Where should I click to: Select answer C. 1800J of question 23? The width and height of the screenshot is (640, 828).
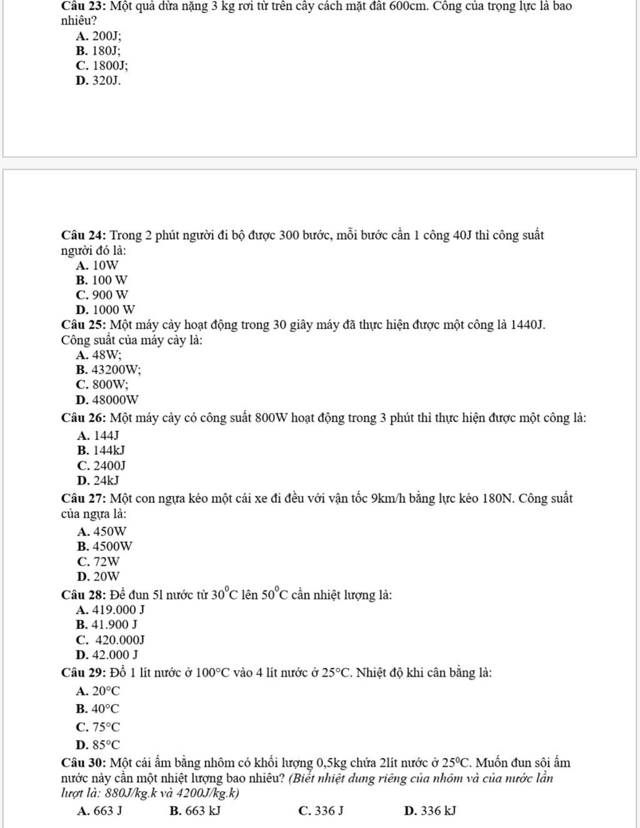point(102,66)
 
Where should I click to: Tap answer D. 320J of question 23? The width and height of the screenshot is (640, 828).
point(97,81)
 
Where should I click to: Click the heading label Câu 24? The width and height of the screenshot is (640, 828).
point(84,236)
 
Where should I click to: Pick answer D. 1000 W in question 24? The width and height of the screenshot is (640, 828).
point(105,310)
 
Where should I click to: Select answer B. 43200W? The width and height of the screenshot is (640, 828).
point(108,370)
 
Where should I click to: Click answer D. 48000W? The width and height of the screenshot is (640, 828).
point(107,400)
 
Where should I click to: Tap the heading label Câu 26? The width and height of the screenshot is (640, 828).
point(84,418)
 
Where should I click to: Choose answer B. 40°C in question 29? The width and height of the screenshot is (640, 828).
point(97,709)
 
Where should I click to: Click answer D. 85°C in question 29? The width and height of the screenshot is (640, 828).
point(97,745)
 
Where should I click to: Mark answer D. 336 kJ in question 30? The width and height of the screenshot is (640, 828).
point(430,811)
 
